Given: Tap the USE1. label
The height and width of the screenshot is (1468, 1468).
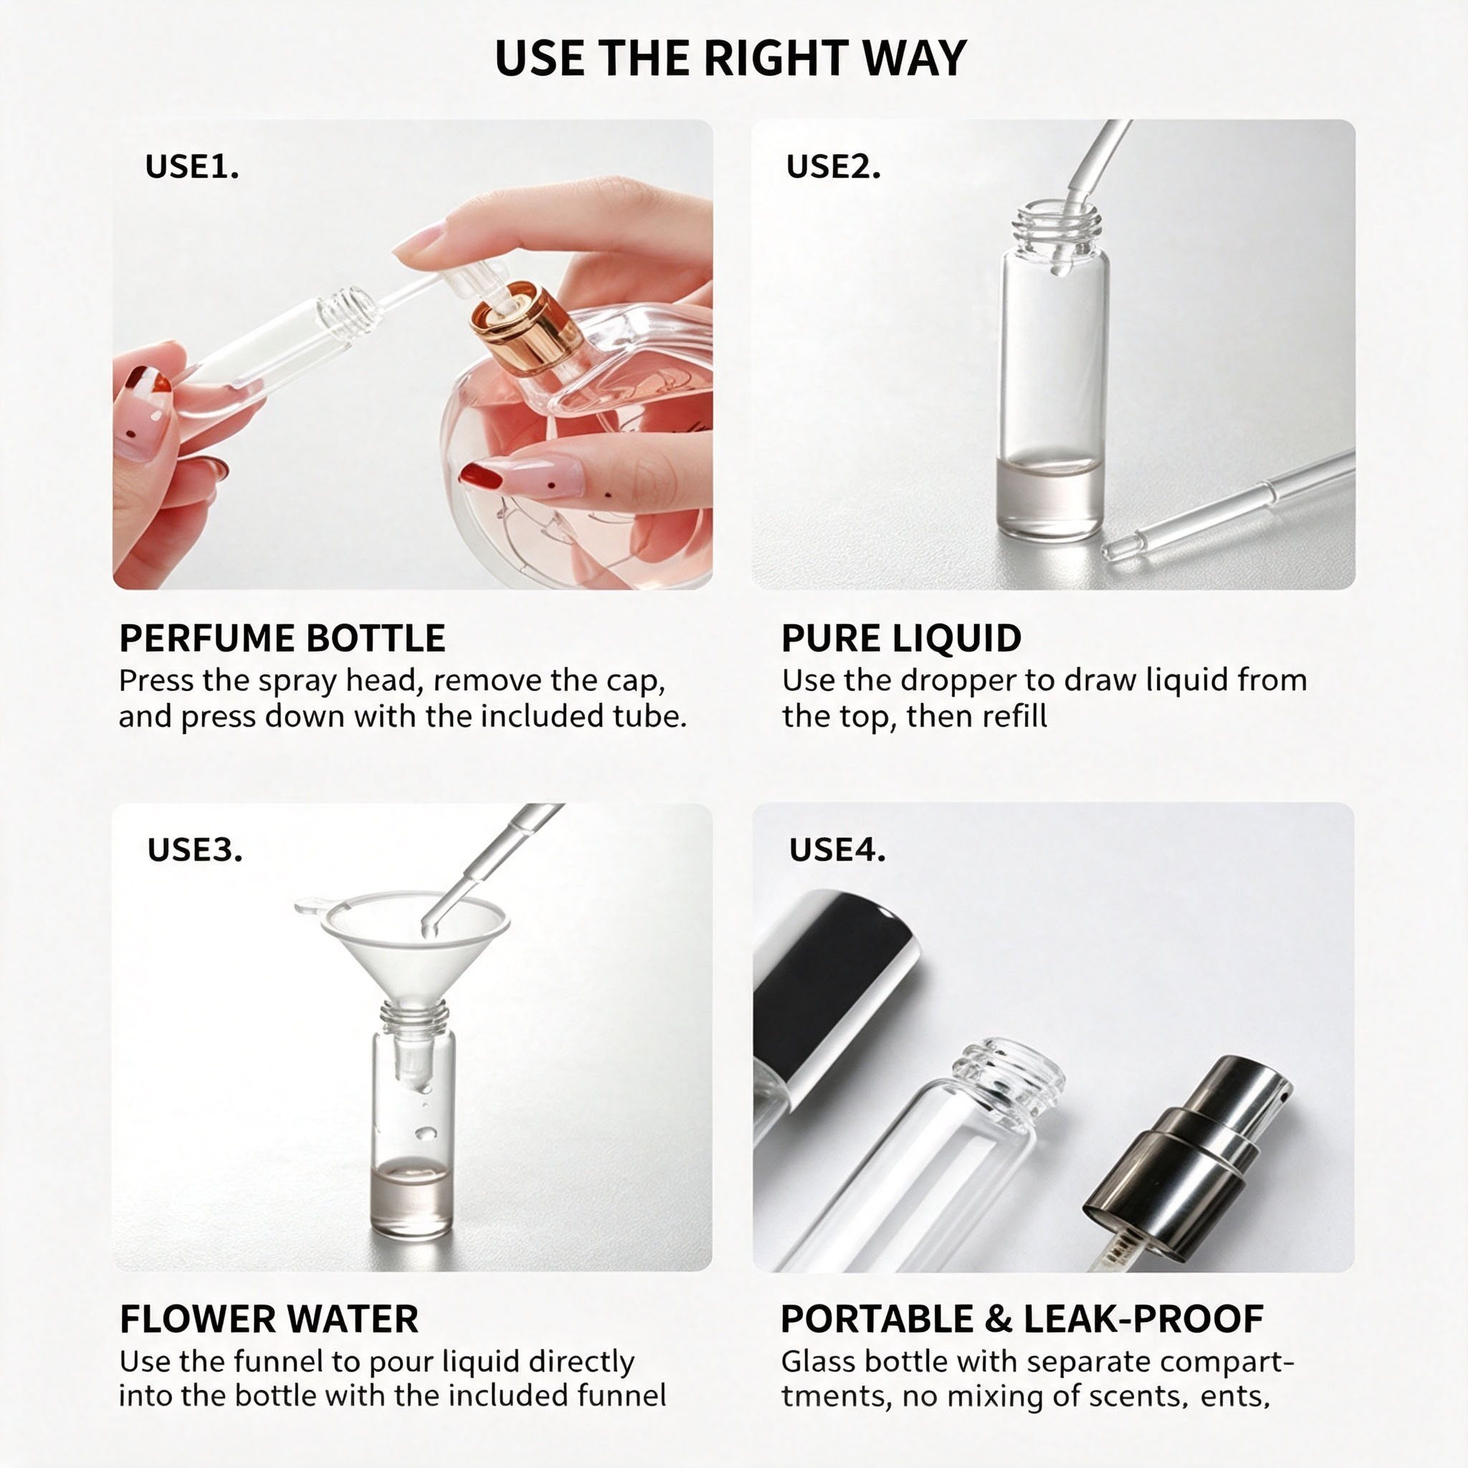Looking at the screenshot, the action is click(191, 166).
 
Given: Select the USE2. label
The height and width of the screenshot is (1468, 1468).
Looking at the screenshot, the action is click(833, 166).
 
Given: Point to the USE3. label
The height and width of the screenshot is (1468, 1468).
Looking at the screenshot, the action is click(194, 849).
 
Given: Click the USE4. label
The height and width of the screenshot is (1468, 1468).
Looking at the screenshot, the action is click(837, 849).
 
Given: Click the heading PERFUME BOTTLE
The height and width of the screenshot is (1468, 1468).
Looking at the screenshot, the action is click(282, 638).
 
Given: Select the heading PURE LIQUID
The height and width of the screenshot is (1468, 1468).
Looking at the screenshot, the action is click(901, 638).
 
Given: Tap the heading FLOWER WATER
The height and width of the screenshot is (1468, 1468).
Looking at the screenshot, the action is click(269, 1320).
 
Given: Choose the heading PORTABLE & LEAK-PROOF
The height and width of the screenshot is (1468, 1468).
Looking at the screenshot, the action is click(1022, 1320).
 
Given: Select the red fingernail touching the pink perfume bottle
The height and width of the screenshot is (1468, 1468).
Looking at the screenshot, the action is click(480, 477).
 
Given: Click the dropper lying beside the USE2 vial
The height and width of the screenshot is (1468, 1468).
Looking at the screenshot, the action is click(1228, 506).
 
